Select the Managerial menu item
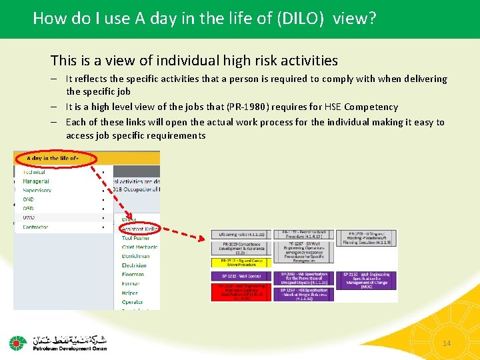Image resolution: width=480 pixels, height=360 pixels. (36, 181)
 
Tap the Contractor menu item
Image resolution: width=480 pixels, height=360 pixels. (35, 227)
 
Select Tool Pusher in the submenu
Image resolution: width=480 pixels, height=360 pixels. (135, 238)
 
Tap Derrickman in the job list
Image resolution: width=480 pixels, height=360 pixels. (135, 256)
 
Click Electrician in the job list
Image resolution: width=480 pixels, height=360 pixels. (135, 265)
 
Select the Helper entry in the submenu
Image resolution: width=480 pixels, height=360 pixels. (131, 293)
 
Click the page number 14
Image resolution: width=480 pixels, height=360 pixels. (447, 343)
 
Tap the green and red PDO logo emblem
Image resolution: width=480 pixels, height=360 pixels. (17, 343)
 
